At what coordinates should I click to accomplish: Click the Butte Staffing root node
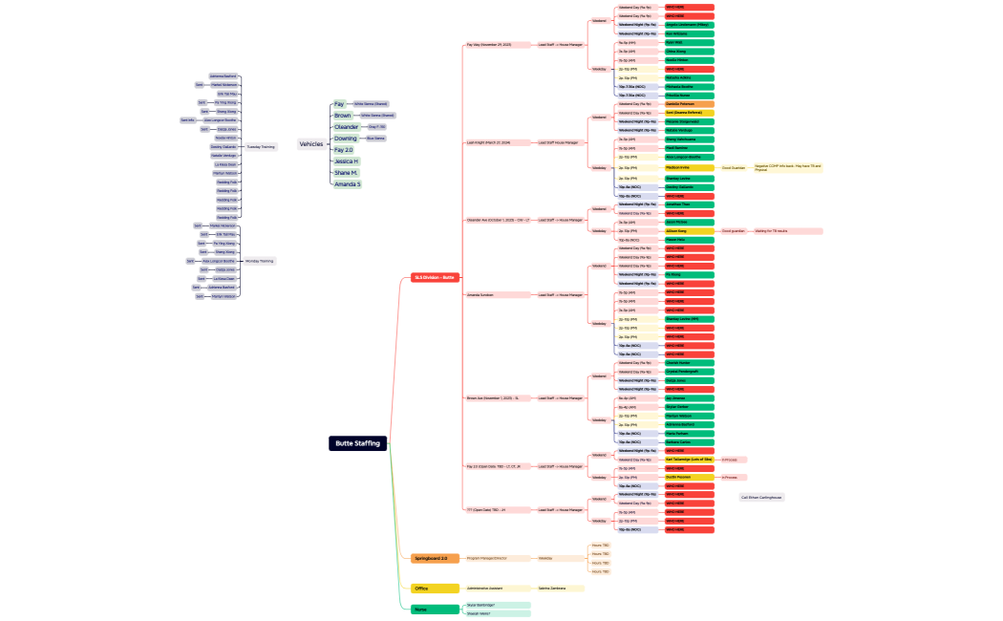(x=358, y=443)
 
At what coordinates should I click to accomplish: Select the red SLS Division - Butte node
(x=436, y=277)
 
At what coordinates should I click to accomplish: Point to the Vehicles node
(x=311, y=143)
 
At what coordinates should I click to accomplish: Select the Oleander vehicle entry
(x=347, y=126)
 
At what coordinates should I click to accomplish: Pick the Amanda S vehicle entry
(x=347, y=183)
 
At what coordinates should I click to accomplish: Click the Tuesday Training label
(x=261, y=147)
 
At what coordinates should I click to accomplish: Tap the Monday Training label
(x=260, y=260)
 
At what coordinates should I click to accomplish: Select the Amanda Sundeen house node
(x=480, y=294)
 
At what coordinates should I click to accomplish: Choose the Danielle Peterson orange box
(x=689, y=103)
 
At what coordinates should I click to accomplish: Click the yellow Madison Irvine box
(x=689, y=167)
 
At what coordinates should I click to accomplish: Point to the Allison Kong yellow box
(x=689, y=230)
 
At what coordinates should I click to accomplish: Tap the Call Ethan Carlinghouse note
(x=761, y=497)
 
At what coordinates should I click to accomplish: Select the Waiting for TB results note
(x=786, y=230)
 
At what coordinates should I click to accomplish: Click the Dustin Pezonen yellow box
(x=689, y=477)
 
